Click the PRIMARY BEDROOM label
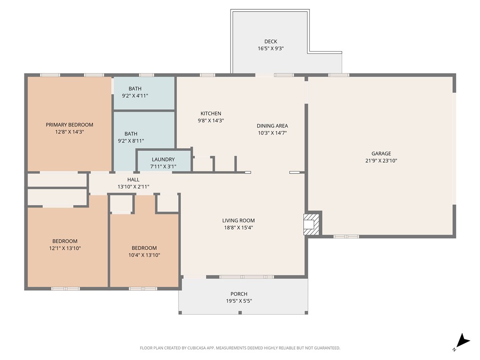(69, 125)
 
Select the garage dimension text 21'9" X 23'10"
(381, 161)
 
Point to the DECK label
(270, 42)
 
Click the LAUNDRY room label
(163, 159)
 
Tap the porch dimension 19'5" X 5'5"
(239, 301)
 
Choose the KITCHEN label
(210, 113)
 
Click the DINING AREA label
(272, 126)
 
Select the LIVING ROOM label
(239, 220)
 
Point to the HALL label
(133, 180)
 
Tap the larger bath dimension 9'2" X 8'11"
(131, 141)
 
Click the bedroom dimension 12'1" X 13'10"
(65, 248)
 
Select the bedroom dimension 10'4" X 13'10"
(144, 255)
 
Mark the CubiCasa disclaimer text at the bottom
(240, 348)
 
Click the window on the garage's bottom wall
(346, 237)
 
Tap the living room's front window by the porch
(246, 277)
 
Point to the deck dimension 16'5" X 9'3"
(270, 48)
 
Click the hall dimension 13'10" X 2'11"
(133, 187)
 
